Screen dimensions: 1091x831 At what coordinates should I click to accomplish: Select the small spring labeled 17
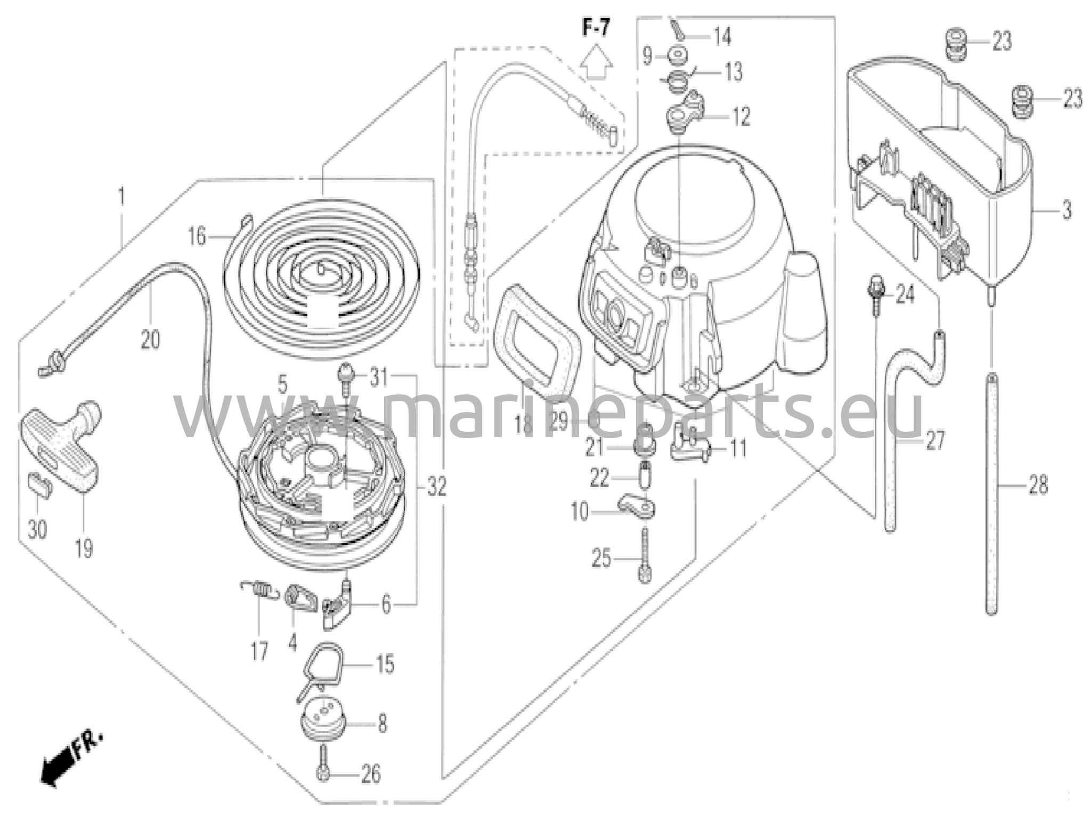[x=258, y=588]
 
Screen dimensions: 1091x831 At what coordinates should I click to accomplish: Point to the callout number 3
[x=1066, y=211]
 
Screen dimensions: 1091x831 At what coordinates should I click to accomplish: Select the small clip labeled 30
[x=39, y=483]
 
